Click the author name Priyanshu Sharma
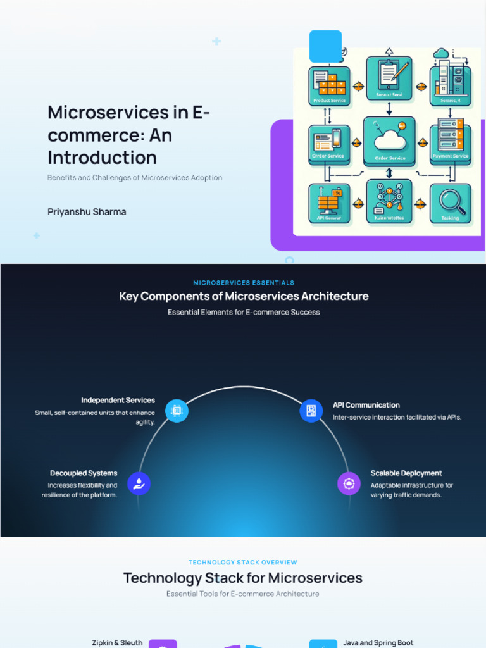point(87,212)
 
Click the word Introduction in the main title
point(102,158)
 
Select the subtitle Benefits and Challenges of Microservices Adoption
point(135,178)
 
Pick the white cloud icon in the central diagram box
point(389,140)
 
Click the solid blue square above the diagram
point(325,46)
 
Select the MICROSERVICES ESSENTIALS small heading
point(244,283)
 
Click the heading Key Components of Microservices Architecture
point(244,296)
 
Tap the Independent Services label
point(118,401)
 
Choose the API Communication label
point(366,405)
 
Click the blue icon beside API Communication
point(311,411)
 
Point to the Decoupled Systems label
point(84,473)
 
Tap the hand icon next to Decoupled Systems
point(139,484)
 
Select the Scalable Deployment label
point(406,473)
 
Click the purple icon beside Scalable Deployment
point(349,484)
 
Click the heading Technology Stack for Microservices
point(243,578)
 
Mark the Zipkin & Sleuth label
point(117,643)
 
